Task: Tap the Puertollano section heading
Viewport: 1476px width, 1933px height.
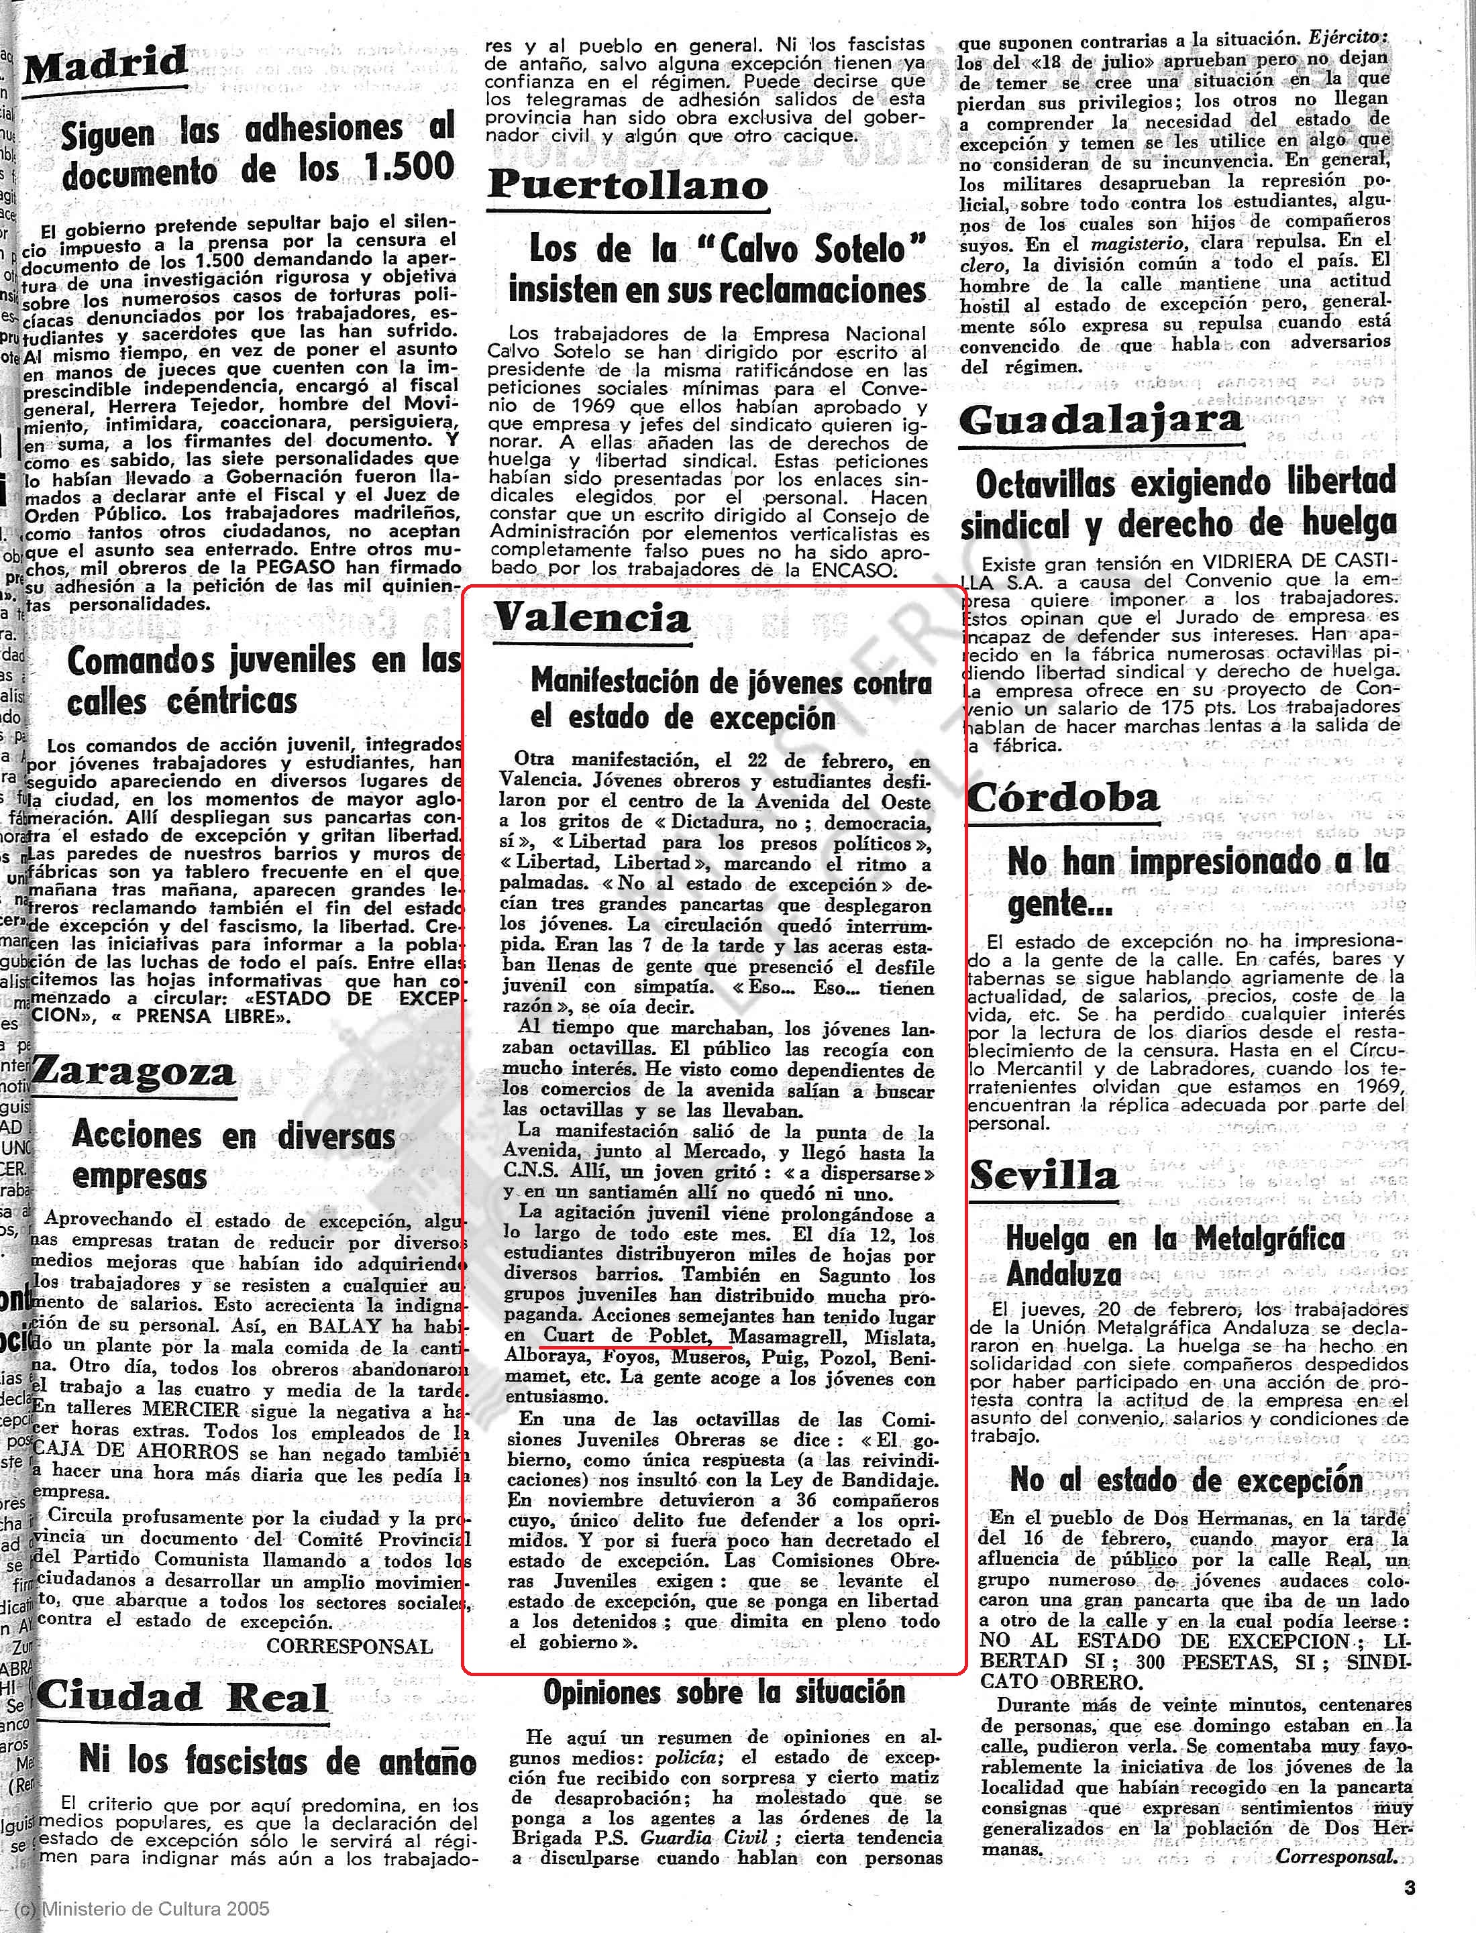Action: [627, 184]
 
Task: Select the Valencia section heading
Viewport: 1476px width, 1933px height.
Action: [591, 618]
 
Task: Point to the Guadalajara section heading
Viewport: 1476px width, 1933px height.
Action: [1101, 420]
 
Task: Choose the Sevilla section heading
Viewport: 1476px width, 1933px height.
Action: [1043, 1175]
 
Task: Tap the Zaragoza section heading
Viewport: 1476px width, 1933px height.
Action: [134, 1071]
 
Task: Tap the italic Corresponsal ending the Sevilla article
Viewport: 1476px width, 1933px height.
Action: [1335, 1857]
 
